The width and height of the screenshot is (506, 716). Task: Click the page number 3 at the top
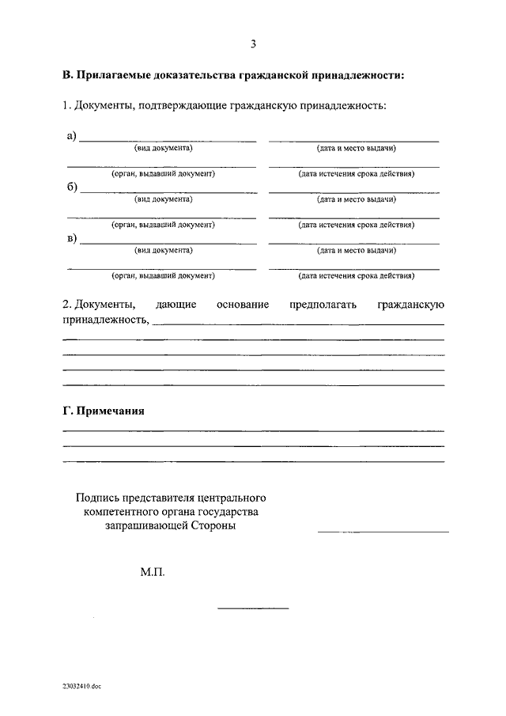coord(253,44)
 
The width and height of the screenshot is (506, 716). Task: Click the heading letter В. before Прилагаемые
coord(69,77)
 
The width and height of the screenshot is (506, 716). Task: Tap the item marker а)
coord(71,136)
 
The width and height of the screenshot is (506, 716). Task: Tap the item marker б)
coord(71,188)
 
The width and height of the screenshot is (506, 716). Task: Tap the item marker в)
coord(71,238)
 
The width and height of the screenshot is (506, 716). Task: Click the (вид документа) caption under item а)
coord(164,148)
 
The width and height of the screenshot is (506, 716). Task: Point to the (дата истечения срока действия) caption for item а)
coord(356,173)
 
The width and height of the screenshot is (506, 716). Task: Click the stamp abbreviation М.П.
coord(153,570)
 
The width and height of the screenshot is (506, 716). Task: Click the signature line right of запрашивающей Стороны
coord(383,532)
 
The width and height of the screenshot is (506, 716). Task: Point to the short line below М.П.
coord(253,608)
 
